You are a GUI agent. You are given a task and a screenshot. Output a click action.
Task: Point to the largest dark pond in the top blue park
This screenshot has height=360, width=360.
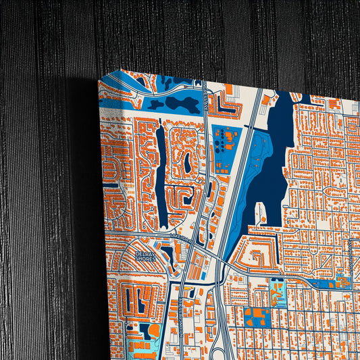pyautogui.click(x=179, y=105)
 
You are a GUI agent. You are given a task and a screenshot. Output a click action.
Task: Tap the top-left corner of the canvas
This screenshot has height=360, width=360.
pyautogui.click(x=100, y=81)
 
